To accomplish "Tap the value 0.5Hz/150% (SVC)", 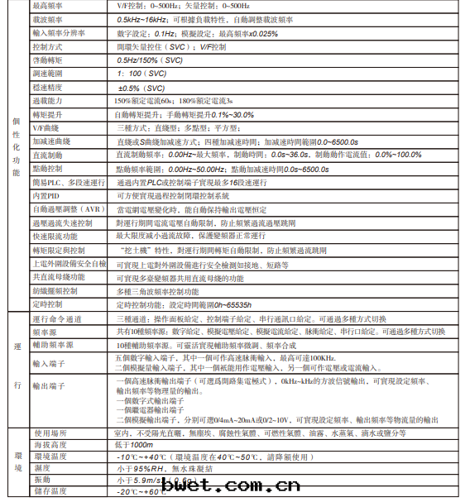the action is [x=150, y=60].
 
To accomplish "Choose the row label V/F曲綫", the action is [x=48, y=128].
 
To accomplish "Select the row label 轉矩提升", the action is [x=49, y=114].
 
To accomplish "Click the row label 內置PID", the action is [x=47, y=196].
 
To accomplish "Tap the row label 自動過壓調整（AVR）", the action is [x=66, y=209].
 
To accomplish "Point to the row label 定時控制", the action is [x=49, y=304].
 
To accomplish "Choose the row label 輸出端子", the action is [x=49, y=386].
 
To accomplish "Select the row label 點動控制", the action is [x=49, y=169].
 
